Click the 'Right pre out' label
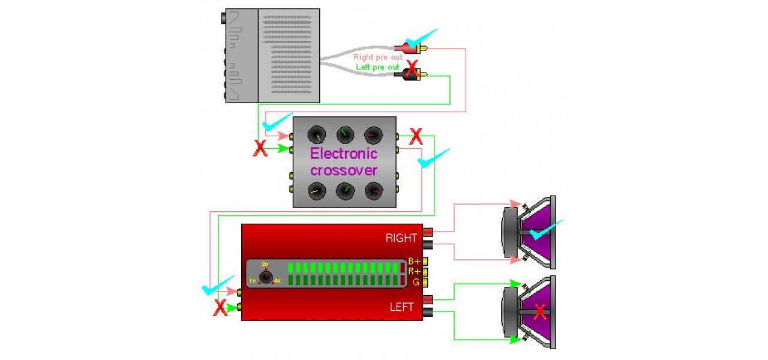pos(377,57)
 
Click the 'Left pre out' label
pos(377,67)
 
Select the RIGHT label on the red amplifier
pos(401,238)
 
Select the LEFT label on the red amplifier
pos(401,307)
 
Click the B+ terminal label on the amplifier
pos(414,261)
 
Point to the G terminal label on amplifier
pos(415,281)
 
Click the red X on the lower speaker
pos(540,311)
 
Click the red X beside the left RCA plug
pos(412,67)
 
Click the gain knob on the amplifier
pos(266,277)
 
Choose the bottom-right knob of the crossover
pos(373,191)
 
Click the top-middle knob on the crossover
pos(345,134)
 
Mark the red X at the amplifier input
pos(220,308)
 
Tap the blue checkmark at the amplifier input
pos(216,287)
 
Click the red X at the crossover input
pos(260,148)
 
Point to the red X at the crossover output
pos(415,137)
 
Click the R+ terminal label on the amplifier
pos(414,271)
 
